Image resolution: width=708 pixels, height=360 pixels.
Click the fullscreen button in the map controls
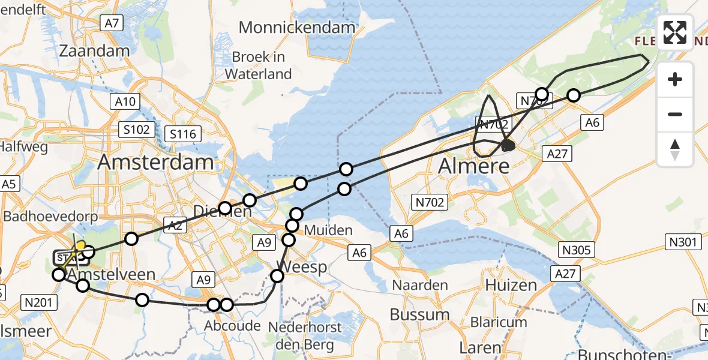pyautogui.click(x=675, y=32)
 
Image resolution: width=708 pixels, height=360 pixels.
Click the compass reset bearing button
pyautogui.click(x=675, y=149)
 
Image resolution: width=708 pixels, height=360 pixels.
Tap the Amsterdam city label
pyautogui.click(x=155, y=162)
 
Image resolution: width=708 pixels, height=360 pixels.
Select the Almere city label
pyautogui.click(x=473, y=166)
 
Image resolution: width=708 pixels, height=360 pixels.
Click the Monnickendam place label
pyautogui.click(x=297, y=27)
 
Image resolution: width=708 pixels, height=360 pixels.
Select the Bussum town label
pyautogui.click(x=419, y=314)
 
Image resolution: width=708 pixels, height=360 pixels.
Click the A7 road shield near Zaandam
pyautogui.click(x=112, y=23)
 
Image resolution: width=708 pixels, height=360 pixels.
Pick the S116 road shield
pyautogui.click(x=184, y=133)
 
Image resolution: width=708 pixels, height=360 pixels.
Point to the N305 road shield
pyautogui.click(x=574, y=249)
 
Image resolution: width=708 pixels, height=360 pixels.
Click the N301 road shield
pyautogui.click(x=685, y=242)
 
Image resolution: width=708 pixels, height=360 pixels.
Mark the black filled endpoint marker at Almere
pyautogui.click(x=508, y=145)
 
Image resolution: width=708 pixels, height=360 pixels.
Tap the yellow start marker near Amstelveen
pyautogui.click(x=80, y=245)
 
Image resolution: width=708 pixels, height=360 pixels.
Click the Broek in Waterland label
pyautogui.click(x=259, y=66)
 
